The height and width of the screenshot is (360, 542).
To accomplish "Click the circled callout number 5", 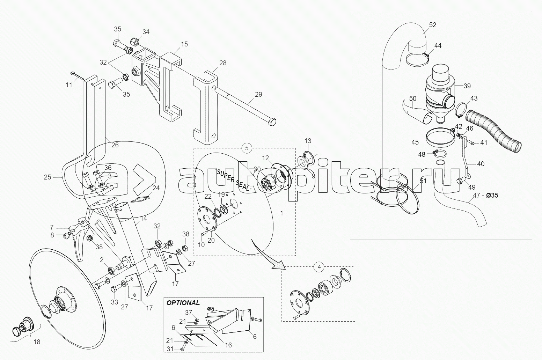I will pos(247,148).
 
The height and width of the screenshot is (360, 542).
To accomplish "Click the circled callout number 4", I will pos(318,267).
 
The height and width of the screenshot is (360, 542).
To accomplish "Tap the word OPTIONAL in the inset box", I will pos(183,303).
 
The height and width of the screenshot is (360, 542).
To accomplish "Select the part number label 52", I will pos(433,25).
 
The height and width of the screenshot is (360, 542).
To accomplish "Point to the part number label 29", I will pos(258,94).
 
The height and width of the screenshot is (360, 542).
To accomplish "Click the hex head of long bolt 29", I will pos(272,122).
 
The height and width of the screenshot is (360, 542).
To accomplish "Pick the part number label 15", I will pos(184,44).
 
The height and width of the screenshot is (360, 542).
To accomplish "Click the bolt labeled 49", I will pos(461,181).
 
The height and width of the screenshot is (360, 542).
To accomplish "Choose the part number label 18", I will pos(37,342).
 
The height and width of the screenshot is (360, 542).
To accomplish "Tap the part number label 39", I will pos(467,86).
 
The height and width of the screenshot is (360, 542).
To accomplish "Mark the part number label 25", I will pos(48,177).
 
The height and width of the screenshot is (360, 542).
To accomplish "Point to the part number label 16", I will pos(228,345).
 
